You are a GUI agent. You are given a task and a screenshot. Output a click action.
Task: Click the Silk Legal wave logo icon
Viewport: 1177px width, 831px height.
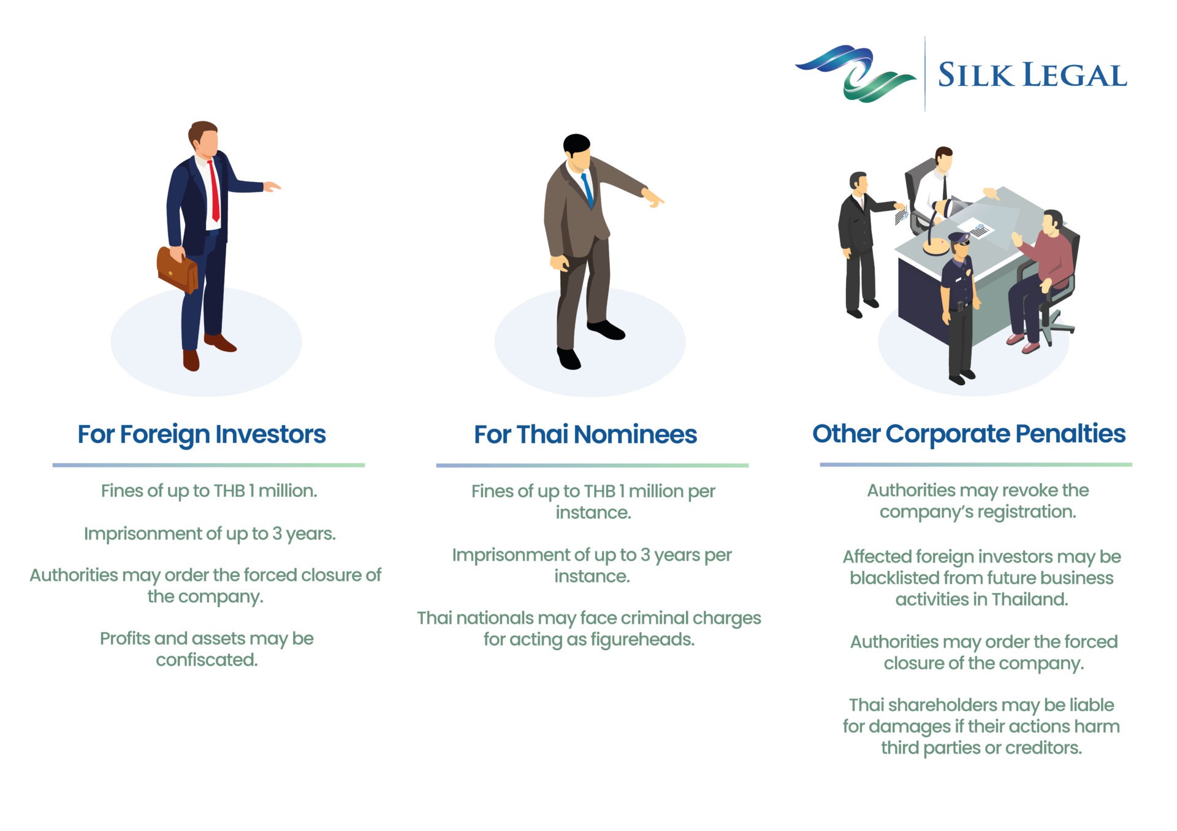tap(855, 73)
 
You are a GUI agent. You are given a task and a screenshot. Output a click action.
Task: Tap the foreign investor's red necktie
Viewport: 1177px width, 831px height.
tap(214, 191)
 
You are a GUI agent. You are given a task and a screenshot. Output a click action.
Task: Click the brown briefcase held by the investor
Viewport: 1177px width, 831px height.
tap(177, 269)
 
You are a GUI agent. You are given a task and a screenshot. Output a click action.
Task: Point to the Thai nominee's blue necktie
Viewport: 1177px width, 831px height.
tap(587, 190)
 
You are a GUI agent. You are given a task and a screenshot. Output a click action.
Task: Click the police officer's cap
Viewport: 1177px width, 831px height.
tap(959, 237)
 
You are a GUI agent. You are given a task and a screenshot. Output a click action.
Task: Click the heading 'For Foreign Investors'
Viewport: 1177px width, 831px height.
tap(202, 435)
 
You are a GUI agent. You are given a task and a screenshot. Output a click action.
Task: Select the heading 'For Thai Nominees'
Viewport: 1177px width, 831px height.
tap(585, 435)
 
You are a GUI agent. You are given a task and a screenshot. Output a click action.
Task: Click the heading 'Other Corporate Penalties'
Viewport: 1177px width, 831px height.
tap(969, 434)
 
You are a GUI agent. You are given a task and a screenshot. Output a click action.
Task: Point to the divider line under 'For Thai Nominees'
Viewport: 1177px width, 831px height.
tap(592, 465)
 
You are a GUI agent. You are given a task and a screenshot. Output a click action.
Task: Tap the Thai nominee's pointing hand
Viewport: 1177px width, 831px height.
tap(652, 197)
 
